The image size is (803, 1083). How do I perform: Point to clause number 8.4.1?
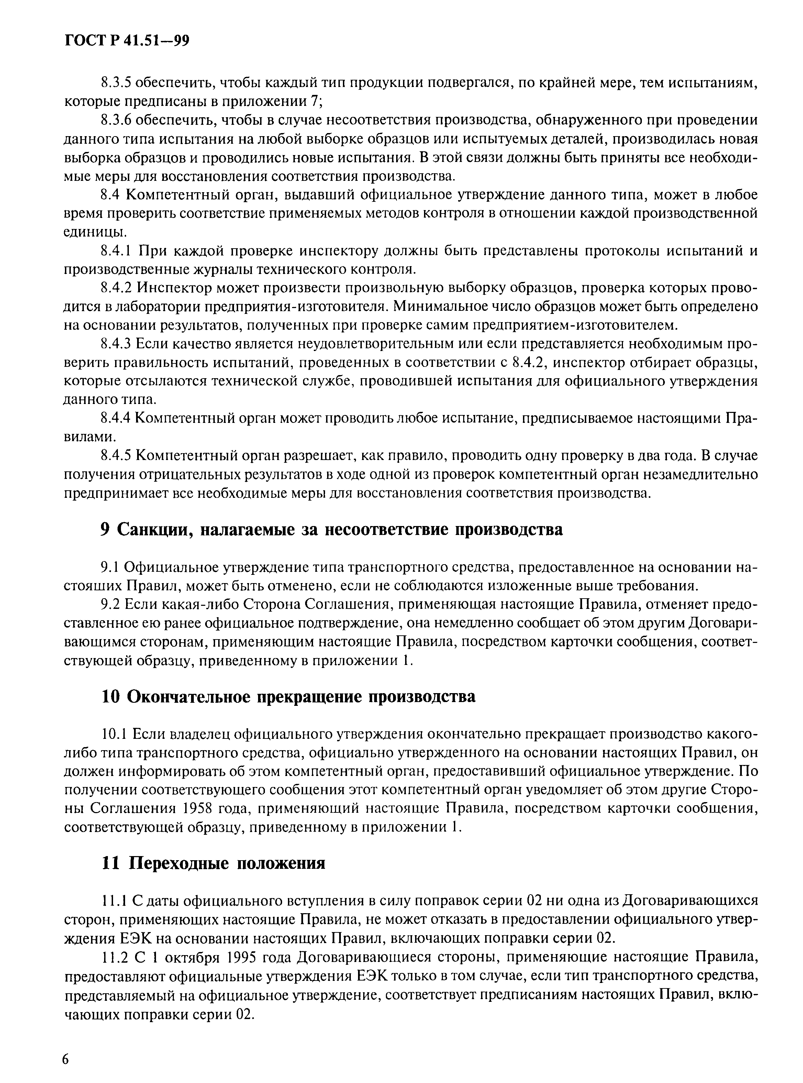[116, 251]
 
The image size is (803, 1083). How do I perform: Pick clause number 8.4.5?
[116, 456]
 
